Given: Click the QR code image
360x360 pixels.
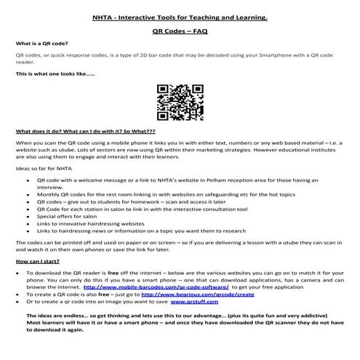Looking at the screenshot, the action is (179, 101).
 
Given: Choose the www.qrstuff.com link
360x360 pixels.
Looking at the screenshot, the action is (194, 303).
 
